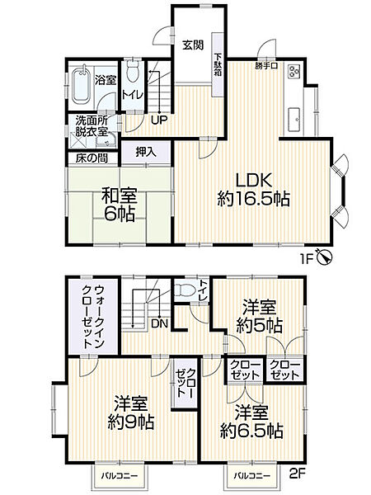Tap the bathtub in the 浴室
pos(80,86)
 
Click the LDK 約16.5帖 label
pos(254,189)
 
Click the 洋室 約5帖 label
pos(258,315)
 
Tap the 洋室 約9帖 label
pos(129,412)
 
